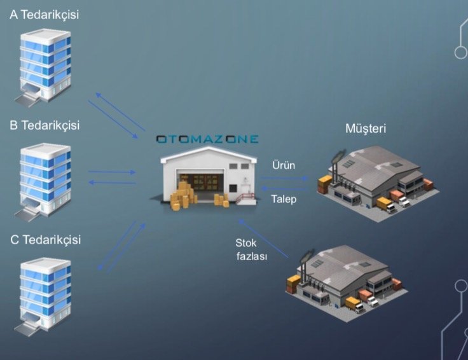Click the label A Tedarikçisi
click(x=44, y=14)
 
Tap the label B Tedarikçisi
click(x=44, y=125)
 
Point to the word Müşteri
click(x=366, y=129)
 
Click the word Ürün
click(x=283, y=165)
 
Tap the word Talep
click(x=283, y=199)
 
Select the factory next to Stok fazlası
click(x=347, y=280)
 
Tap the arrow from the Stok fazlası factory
click(x=263, y=238)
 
